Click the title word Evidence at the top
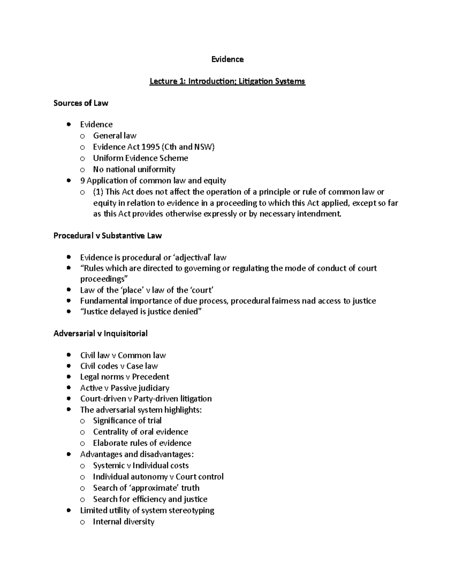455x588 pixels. (227, 59)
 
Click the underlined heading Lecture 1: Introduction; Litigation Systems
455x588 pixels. (227, 81)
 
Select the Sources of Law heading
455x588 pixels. (81, 103)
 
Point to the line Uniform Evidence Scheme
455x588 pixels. (140, 158)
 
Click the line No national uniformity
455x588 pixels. (134, 169)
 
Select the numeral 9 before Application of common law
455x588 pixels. (82, 181)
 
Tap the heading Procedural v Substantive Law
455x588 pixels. (108, 236)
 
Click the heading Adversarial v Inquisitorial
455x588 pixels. (100, 334)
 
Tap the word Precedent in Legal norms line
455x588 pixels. (151, 377)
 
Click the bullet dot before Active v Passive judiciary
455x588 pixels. (69, 388)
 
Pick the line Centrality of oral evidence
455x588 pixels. (140, 432)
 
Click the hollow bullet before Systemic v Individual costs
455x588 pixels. (82, 466)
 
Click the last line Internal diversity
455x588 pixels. (124, 522)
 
